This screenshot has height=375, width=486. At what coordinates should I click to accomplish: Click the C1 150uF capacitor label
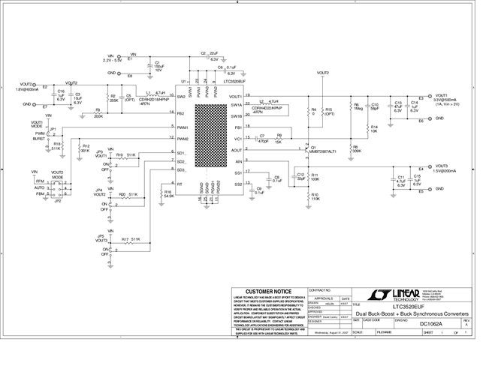[x=158, y=66]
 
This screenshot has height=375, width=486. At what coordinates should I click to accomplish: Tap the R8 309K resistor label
[x=356, y=149]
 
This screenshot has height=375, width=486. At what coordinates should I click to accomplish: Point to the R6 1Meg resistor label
[x=358, y=106]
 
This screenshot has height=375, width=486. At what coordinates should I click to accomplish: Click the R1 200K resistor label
[x=98, y=115]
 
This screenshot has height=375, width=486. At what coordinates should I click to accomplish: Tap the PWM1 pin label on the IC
[x=183, y=127]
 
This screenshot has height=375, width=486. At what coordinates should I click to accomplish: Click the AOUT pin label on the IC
[x=236, y=150]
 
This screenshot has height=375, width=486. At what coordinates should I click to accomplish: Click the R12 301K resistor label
[x=86, y=148]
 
